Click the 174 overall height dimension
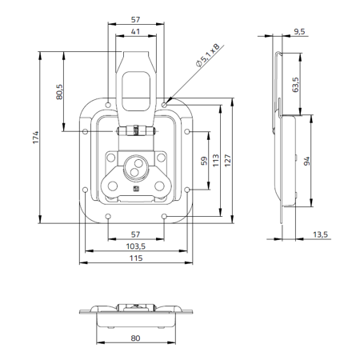[x=34, y=137]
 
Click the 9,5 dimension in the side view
[x=299, y=31]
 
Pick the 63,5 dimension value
[x=295, y=85]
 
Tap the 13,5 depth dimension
[x=320, y=234]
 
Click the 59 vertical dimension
[x=203, y=161]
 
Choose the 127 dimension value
[x=228, y=159]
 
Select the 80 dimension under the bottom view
[x=136, y=338]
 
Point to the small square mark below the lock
[x=135, y=190]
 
